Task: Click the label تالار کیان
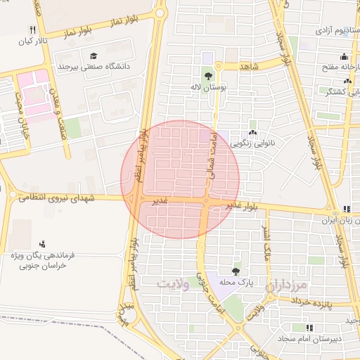31,41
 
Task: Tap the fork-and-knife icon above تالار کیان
32,30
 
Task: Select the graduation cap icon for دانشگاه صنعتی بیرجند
94,56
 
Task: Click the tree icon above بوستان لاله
207,76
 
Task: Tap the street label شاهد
249,66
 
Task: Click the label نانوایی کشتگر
340,91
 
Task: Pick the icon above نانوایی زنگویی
252,132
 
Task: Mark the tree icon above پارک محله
236,271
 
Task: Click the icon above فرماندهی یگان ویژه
44,245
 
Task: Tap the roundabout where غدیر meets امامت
206,202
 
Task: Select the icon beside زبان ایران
346,208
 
